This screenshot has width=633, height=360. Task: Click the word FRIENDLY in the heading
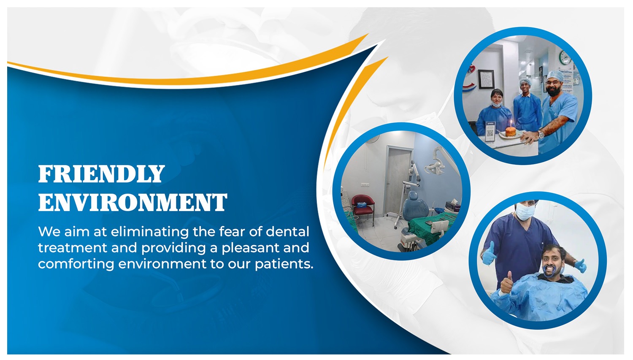pos(101,174)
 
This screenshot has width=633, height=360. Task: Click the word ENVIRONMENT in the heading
pos(133,202)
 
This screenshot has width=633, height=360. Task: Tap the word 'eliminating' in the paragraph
pos(149,232)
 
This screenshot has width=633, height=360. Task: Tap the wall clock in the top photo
pos(565,58)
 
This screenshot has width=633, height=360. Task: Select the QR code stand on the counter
pos(490,132)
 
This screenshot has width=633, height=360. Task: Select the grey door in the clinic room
pos(399,181)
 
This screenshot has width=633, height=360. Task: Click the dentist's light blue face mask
pos(525,211)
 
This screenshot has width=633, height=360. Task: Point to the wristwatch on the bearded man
pos(541,135)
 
